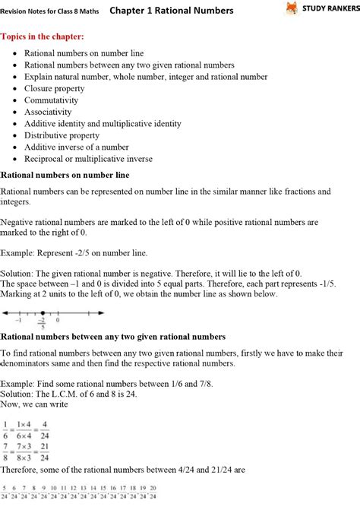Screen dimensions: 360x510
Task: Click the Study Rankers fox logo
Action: (292, 9)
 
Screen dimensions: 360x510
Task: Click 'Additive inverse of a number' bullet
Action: (75, 147)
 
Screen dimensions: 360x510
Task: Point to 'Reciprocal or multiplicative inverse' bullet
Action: (88, 159)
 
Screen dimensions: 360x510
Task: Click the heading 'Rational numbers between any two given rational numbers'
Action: (112, 336)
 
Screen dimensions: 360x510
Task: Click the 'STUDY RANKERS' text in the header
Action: (329, 9)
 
